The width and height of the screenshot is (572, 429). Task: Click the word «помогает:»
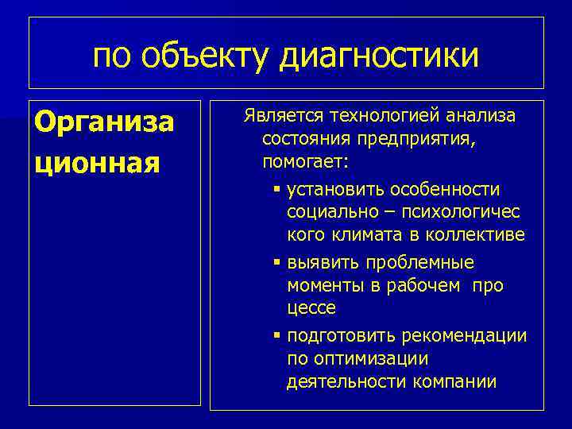305,162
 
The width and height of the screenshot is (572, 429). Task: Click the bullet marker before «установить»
276,190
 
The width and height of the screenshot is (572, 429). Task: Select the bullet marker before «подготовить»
276,336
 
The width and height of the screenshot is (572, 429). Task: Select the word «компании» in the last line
455,382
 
